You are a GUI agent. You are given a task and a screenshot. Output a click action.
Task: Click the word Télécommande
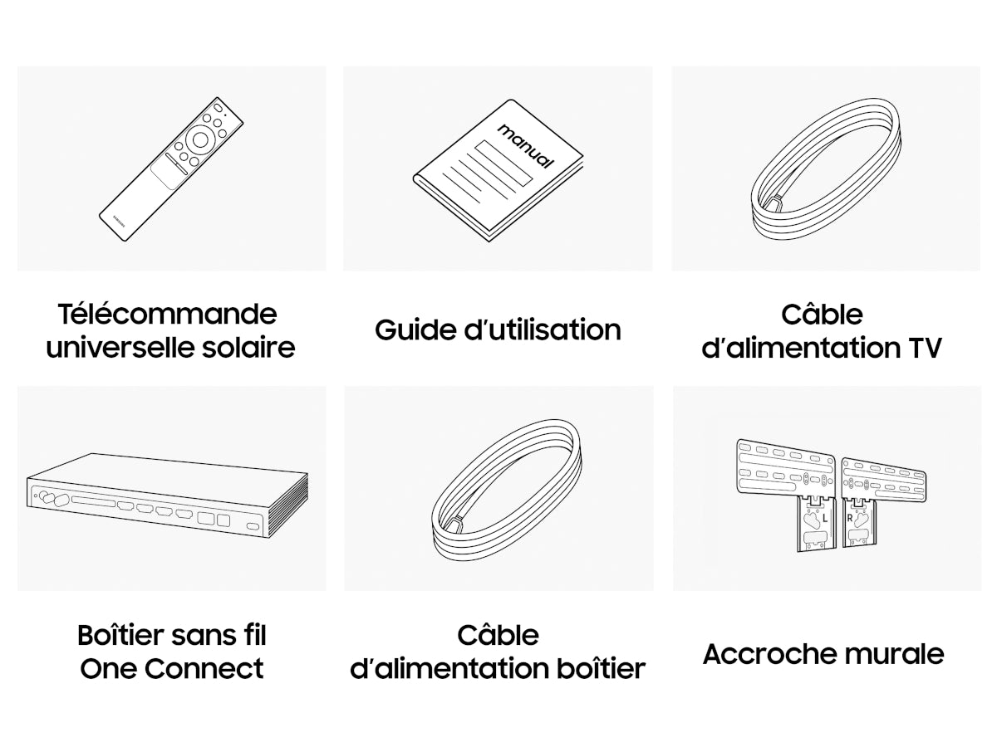click(167, 314)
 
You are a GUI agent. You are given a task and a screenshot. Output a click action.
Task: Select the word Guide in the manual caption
click(414, 330)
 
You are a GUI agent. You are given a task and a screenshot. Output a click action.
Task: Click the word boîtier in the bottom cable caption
click(601, 668)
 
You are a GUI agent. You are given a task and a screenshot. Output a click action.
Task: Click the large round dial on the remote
click(200, 139)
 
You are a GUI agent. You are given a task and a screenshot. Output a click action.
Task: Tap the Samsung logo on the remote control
click(119, 221)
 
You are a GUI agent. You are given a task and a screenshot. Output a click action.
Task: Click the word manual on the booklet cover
click(526, 145)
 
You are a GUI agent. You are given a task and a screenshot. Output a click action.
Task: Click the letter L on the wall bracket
click(824, 517)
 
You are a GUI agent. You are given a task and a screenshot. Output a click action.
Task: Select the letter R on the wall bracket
click(849, 517)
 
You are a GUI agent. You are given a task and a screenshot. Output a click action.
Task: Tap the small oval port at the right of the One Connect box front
click(253, 526)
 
